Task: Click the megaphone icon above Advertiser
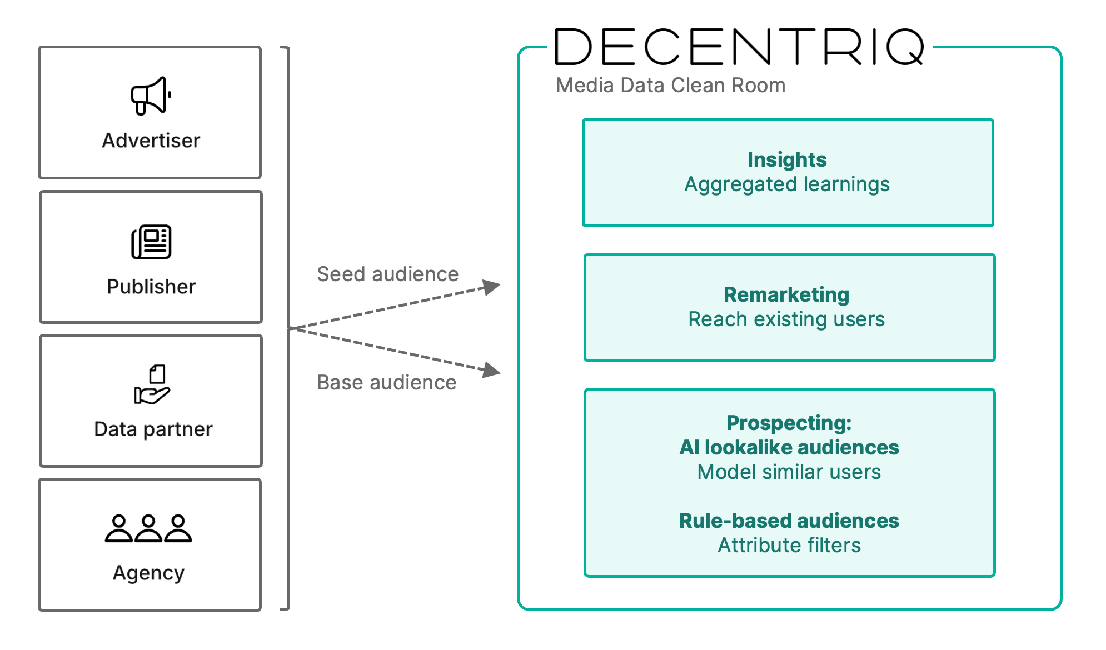[x=151, y=96]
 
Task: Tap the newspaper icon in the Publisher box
[x=151, y=242]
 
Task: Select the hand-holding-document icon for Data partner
[x=152, y=384]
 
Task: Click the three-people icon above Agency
[x=148, y=528]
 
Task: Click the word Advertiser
[x=151, y=141]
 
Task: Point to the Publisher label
[x=151, y=287]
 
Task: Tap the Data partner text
[x=153, y=429]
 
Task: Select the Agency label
[x=148, y=573]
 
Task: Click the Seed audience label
[x=387, y=274]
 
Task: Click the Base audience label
[x=386, y=382]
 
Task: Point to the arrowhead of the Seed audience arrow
[x=491, y=287]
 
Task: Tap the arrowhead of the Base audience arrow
[x=491, y=370]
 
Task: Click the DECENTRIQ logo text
[x=740, y=48]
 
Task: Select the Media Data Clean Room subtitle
[x=670, y=85]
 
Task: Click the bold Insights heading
[x=786, y=159]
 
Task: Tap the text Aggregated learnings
[x=786, y=184]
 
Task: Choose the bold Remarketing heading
[x=786, y=294]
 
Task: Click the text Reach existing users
[x=786, y=319]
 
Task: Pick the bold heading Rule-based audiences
[x=789, y=521]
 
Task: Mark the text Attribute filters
[x=789, y=545]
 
